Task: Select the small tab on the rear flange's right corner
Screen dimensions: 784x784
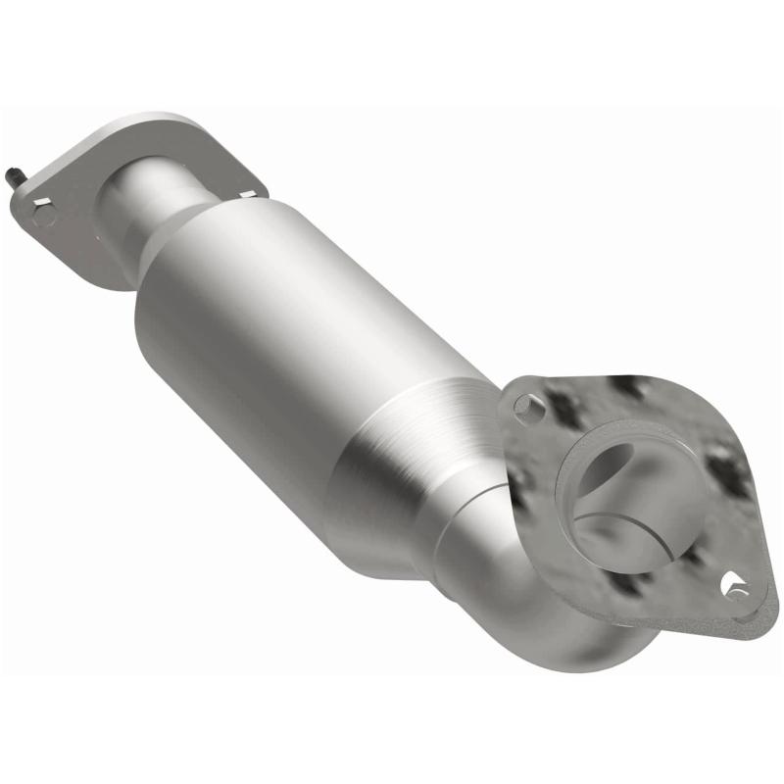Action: [x=249, y=195]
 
